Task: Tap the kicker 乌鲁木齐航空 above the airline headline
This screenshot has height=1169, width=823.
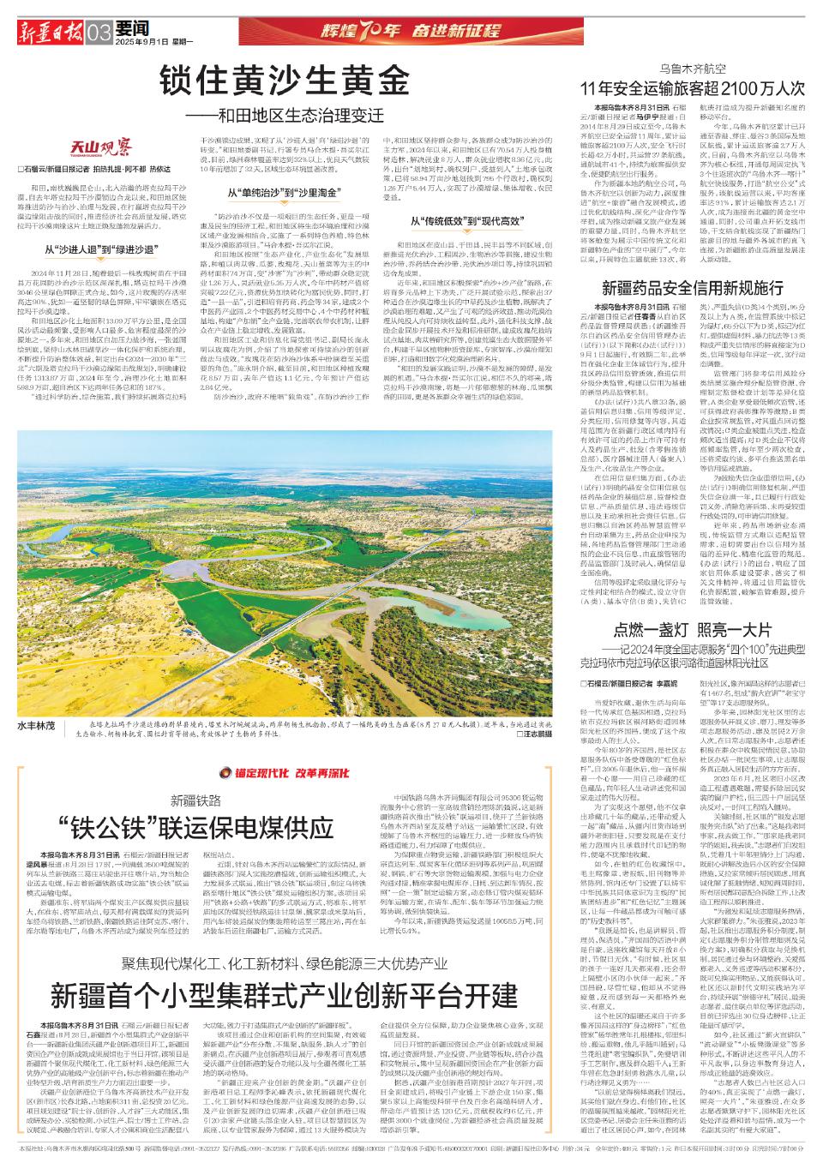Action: [x=693, y=67]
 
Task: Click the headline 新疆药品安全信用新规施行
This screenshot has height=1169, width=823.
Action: [x=693, y=288]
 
